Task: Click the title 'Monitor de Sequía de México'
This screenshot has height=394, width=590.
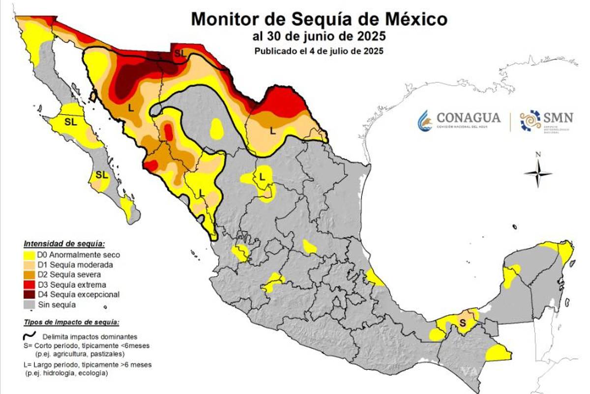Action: point(319,19)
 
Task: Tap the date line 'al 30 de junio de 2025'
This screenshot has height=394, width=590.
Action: point(319,36)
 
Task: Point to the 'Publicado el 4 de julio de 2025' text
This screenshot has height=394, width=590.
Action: point(319,50)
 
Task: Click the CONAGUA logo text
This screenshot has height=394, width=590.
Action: point(468,118)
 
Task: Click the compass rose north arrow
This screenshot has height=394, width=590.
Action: point(538,172)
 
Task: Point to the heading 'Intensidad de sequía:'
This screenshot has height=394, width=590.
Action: point(65,243)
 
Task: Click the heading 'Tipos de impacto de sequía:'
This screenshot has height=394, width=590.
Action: point(70,323)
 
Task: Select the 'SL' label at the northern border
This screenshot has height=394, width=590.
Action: point(180,53)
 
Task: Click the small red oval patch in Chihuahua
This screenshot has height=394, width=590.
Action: point(168,131)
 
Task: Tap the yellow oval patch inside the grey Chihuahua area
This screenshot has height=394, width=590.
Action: point(216,129)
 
